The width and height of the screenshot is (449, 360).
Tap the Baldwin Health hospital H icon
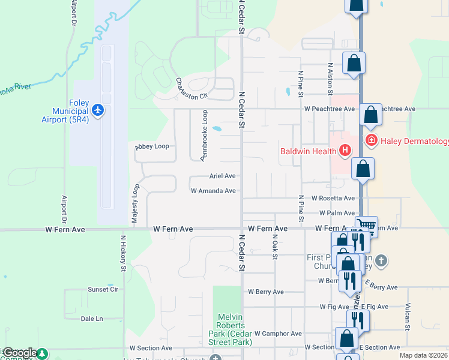coord(345,150)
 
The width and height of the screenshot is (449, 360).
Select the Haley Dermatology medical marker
coord(371,140)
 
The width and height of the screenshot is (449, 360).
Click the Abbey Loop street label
coord(152,146)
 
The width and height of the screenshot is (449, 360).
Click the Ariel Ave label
coord(222,176)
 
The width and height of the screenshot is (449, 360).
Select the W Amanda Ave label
coord(213,191)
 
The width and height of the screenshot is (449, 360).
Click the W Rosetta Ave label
coord(333,198)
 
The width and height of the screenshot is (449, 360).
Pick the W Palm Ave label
coord(337,213)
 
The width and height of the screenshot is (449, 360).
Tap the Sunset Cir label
coord(103,289)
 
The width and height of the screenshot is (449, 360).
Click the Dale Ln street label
coord(92,319)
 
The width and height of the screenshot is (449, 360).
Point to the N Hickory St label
coord(123,253)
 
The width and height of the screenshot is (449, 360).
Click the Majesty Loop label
coord(136,205)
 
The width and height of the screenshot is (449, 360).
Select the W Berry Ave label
coord(266,292)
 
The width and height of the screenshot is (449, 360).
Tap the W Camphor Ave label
coord(278,333)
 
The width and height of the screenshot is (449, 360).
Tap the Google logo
coord(20,353)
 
